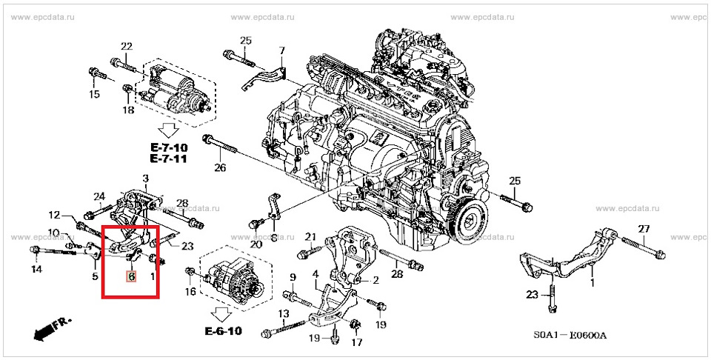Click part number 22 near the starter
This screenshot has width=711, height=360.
(x=127, y=47)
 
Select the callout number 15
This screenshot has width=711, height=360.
(x=94, y=95)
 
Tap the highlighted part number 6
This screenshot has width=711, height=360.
(x=131, y=277)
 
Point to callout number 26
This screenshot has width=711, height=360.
(x=220, y=168)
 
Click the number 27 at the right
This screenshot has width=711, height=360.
(x=644, y=228)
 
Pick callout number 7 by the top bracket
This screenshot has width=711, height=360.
(x=281, y=50)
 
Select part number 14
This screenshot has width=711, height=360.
(x=36, y=270)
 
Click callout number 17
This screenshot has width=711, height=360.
(x=356, y=342)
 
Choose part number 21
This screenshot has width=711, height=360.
(x=311, y=237)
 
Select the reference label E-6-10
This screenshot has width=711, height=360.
(x=225, y=331)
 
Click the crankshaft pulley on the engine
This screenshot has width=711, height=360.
(x=468, y=219)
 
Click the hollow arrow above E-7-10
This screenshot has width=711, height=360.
(x=170, y=132)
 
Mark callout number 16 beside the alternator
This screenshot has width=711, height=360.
(x=190, y=292)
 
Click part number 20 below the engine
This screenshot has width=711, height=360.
(x=256, y=244)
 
